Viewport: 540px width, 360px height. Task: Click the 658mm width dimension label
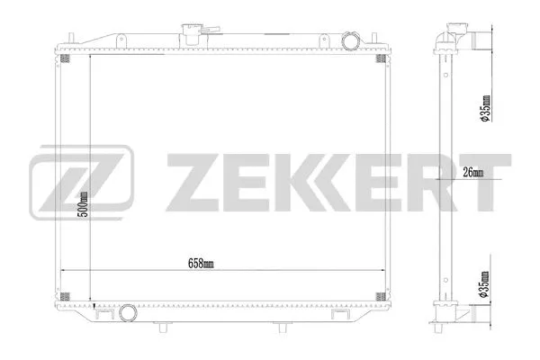coord(202,263)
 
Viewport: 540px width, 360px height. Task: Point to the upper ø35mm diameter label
coord(484,108)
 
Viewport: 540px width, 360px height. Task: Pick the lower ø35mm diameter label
coord(484,285)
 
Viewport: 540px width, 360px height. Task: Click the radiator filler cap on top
coord(193,31)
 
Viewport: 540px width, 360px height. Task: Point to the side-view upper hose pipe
coord(477,40)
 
